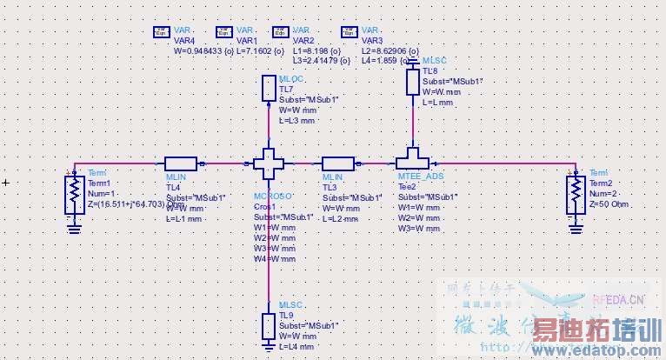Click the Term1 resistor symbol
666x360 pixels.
75,197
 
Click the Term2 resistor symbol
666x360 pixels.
575,197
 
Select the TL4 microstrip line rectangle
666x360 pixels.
181,163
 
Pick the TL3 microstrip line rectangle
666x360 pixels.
337,163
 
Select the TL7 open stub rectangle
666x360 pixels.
269,89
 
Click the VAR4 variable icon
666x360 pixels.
162,32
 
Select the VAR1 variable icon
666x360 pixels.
223,32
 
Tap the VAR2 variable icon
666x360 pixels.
280,32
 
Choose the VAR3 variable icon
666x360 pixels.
349,32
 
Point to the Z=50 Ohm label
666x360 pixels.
609,204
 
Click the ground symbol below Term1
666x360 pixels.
75,228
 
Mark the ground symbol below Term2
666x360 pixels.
575,228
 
